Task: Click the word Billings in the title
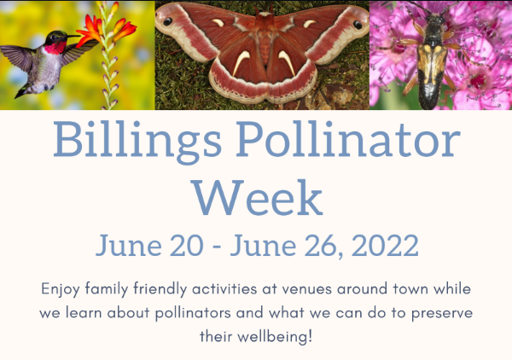[137, 142]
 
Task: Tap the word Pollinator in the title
[348, 139]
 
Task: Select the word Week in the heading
[258, 197]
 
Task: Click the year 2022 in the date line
[385, 245]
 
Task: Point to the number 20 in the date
[186, 245]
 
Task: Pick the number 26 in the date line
[321, 246]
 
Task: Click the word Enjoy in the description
[60, 289]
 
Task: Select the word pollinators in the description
[193, 313]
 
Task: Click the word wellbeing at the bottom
[272, 337]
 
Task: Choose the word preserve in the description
[442, 313]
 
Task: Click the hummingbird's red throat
[55, 49]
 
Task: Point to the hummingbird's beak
[73, 36]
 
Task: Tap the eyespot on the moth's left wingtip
[167, 21]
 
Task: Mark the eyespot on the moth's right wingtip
[358, 25]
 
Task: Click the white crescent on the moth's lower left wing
[241, 62]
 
